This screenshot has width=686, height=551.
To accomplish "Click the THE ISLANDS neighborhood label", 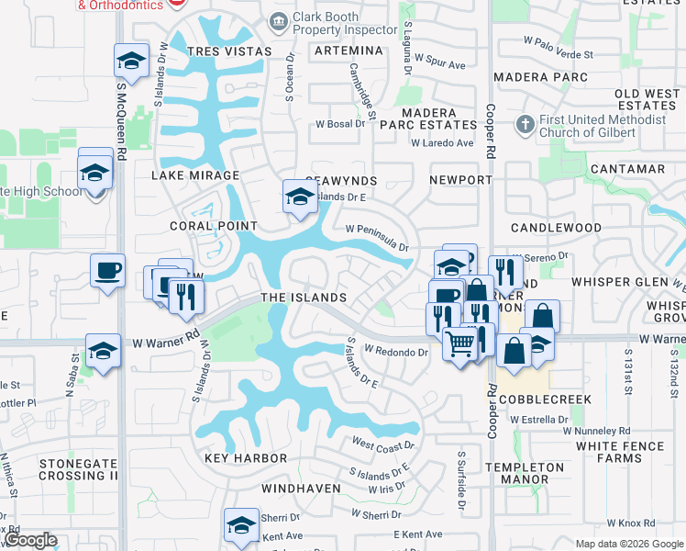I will click(x=304, y=298).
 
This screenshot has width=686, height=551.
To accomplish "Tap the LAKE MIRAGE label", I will click(x=195, y=175).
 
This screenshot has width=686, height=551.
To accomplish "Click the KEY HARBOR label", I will click(x=246, y=458).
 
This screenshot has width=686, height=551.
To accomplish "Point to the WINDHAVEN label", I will click(x=301, y=489).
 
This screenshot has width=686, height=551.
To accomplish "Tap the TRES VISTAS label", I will click(x=229, y=51).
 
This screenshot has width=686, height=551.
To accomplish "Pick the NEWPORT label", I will click(x=460, y=180).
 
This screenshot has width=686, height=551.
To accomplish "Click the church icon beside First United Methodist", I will click(x=526, y=123).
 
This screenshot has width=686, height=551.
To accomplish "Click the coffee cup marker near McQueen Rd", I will click(x=107, y=271).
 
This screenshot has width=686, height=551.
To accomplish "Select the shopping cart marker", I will click(x=460, y=344).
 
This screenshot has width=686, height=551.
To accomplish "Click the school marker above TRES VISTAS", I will click(x=131, y=62).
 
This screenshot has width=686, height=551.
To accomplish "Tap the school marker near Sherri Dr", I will click(x=241, y=525).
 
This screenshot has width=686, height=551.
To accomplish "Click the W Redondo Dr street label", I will click(x=396, y=350).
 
